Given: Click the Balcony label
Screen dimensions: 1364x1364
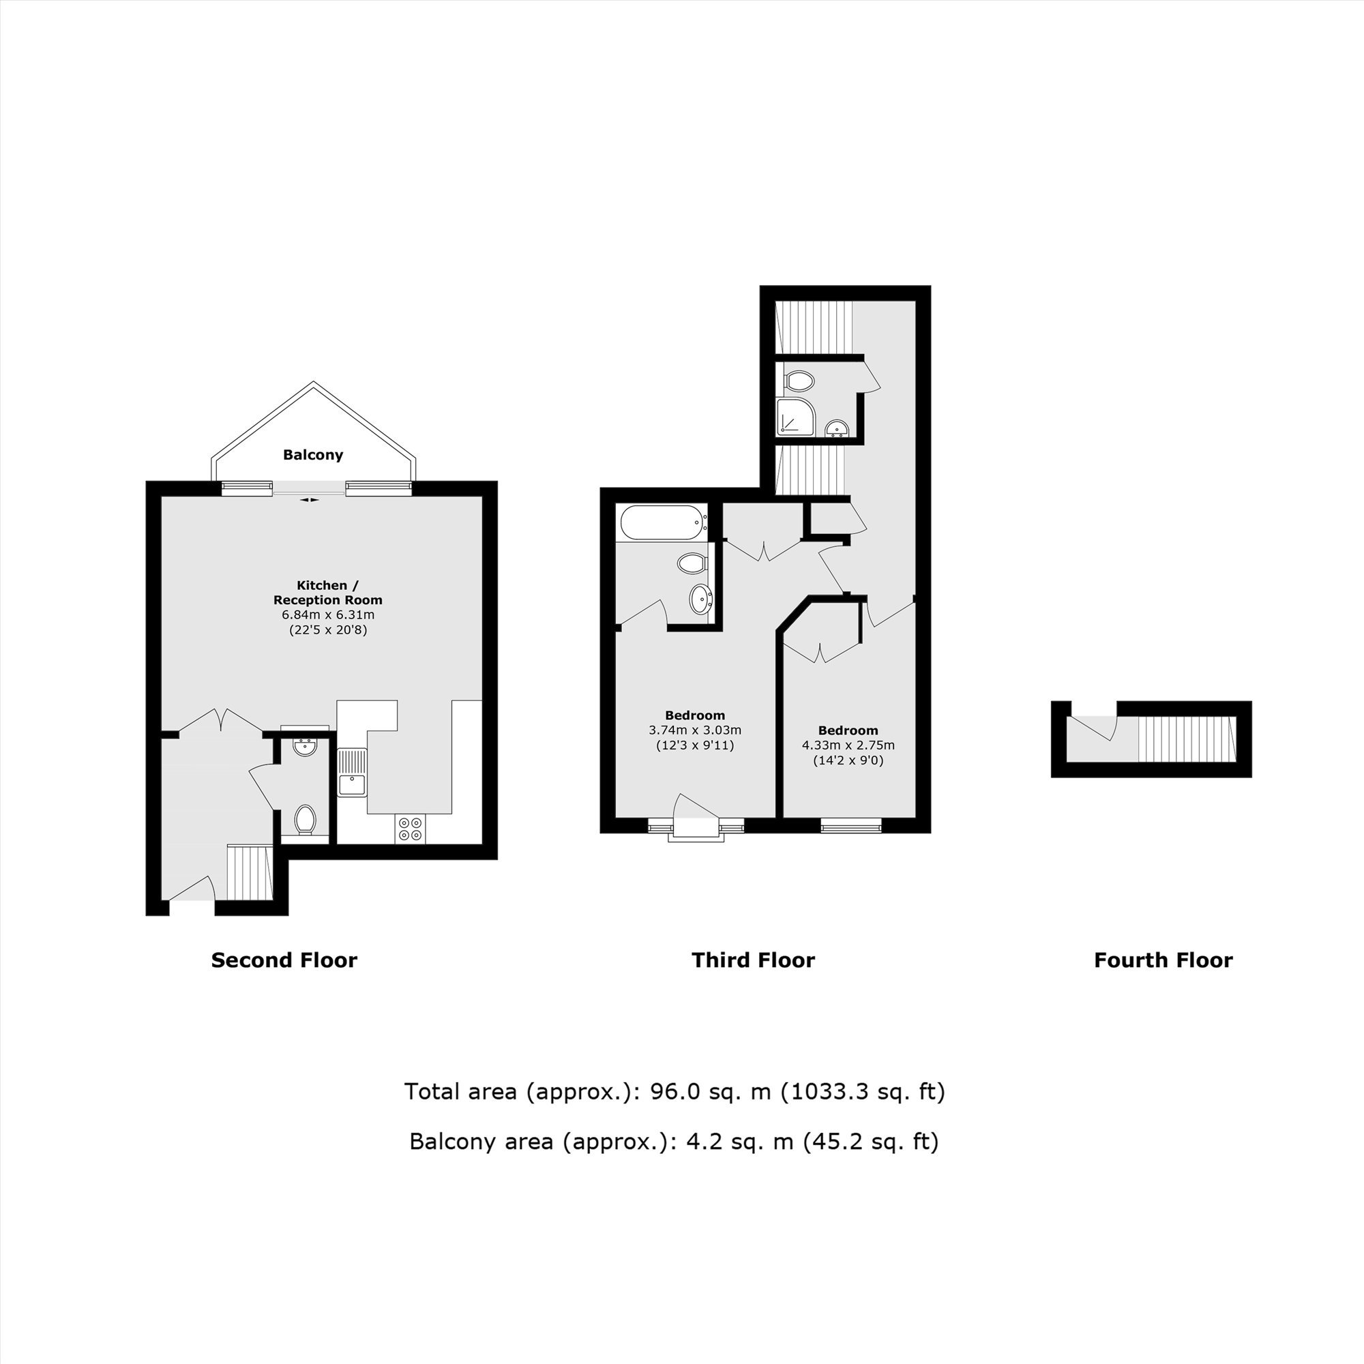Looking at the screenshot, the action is (313, 455).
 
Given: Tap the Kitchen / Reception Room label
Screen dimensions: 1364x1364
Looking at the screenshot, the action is (328, 593).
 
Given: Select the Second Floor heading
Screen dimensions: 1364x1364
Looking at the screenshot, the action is (284, 960).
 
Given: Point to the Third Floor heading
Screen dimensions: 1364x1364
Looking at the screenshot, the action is (754, 960).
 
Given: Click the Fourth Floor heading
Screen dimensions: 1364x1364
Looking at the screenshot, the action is (1163, 960).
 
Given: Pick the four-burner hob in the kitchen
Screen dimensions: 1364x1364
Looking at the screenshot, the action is (410, 828).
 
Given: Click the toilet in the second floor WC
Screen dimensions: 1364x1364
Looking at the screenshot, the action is (305, 820).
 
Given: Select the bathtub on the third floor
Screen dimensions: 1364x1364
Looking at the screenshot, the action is (662, 523).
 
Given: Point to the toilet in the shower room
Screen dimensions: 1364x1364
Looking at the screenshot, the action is (799, 381).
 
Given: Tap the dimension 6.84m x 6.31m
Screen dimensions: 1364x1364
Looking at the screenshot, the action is (328, 615).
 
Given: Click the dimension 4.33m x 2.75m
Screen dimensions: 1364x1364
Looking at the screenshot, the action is (848, 745).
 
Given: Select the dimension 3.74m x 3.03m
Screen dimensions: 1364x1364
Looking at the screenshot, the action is (695, 730).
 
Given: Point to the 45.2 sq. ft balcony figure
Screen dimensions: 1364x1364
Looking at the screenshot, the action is (870, 1141).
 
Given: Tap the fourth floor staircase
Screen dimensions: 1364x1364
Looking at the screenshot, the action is (1187, 739).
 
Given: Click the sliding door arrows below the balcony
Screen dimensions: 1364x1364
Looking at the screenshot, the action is (309, 500).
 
